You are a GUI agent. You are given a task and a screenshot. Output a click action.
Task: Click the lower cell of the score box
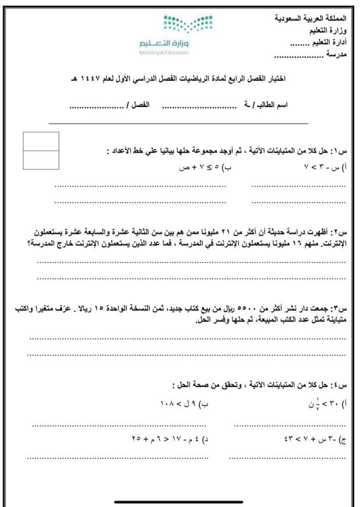pos(41,160)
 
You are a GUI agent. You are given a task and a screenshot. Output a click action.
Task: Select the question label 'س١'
pos(338,151)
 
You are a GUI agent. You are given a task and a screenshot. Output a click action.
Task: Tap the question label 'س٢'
pos(338,232)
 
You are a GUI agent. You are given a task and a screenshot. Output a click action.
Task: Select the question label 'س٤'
pos(338,383)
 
